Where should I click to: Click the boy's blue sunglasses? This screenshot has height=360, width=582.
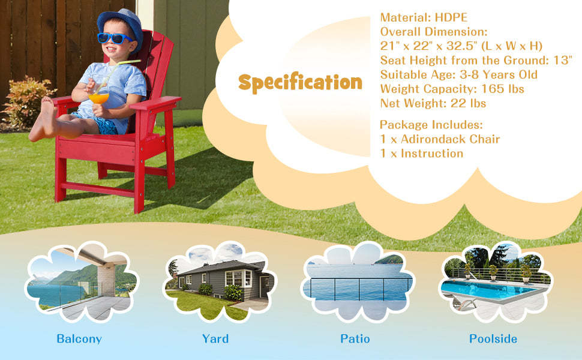coord(115,38)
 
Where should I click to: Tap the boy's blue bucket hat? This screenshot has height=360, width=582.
coord(121,26)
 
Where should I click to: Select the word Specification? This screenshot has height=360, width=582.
coord(300,82)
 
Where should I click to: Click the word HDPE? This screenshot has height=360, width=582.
coord(451,17)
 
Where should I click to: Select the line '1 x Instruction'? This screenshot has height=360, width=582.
coord(422,153)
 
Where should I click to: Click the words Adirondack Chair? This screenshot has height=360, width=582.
coord(450,139)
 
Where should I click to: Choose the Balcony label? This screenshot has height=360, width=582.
coord(79,339)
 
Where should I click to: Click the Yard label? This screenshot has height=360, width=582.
coord(215,338)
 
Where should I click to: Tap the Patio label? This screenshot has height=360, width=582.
coord(355,338)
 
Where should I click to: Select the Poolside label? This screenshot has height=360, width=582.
coord(493,338)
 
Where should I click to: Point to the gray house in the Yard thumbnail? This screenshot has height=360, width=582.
coord(222,280)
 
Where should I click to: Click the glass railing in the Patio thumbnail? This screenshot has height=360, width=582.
coord(358,289)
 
